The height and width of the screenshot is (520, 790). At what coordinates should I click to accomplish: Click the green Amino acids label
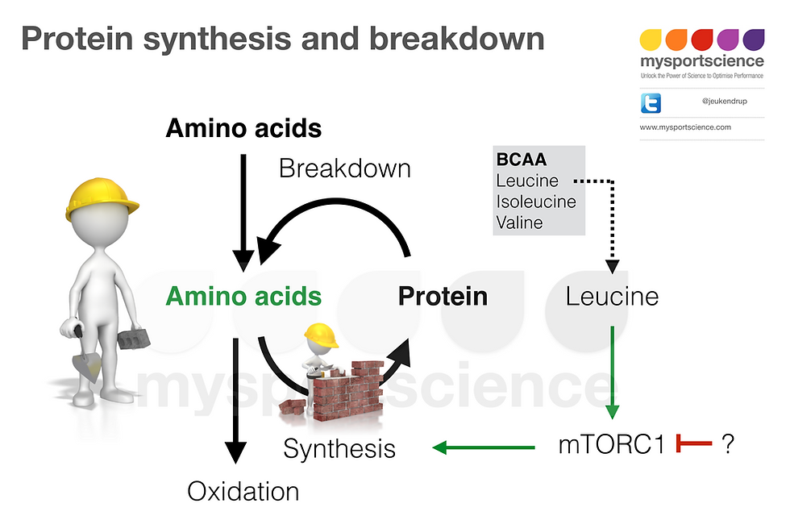243,296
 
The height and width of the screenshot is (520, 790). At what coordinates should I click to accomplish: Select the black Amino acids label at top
243,128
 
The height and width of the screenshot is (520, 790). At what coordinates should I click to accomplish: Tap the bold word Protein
443,297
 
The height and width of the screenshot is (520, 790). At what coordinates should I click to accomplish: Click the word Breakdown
345,168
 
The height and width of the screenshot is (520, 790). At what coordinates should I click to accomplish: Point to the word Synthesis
339,448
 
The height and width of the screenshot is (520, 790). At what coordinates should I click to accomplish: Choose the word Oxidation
243,491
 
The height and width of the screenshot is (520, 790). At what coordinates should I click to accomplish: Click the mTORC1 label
612,444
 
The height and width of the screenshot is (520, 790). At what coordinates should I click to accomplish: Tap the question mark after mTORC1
728,444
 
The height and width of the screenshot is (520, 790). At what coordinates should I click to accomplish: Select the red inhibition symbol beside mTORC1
694,443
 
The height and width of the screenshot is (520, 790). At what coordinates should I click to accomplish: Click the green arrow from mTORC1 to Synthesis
484,447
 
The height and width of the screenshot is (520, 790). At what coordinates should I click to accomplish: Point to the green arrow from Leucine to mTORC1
612,372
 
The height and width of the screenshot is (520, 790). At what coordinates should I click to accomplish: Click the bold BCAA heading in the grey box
522,160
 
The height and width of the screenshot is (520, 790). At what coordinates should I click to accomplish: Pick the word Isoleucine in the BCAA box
536,202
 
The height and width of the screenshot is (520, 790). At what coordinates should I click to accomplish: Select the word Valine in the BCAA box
519,223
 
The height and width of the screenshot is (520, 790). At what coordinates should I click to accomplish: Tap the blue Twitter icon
651,103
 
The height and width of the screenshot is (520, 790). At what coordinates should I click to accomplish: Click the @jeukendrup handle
725,102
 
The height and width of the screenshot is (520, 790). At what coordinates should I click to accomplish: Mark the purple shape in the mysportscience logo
753,40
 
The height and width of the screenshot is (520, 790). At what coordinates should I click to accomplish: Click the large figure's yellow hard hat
102,198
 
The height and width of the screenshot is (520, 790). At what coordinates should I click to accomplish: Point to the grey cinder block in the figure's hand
134,338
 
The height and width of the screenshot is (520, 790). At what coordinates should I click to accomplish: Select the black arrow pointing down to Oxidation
235,401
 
